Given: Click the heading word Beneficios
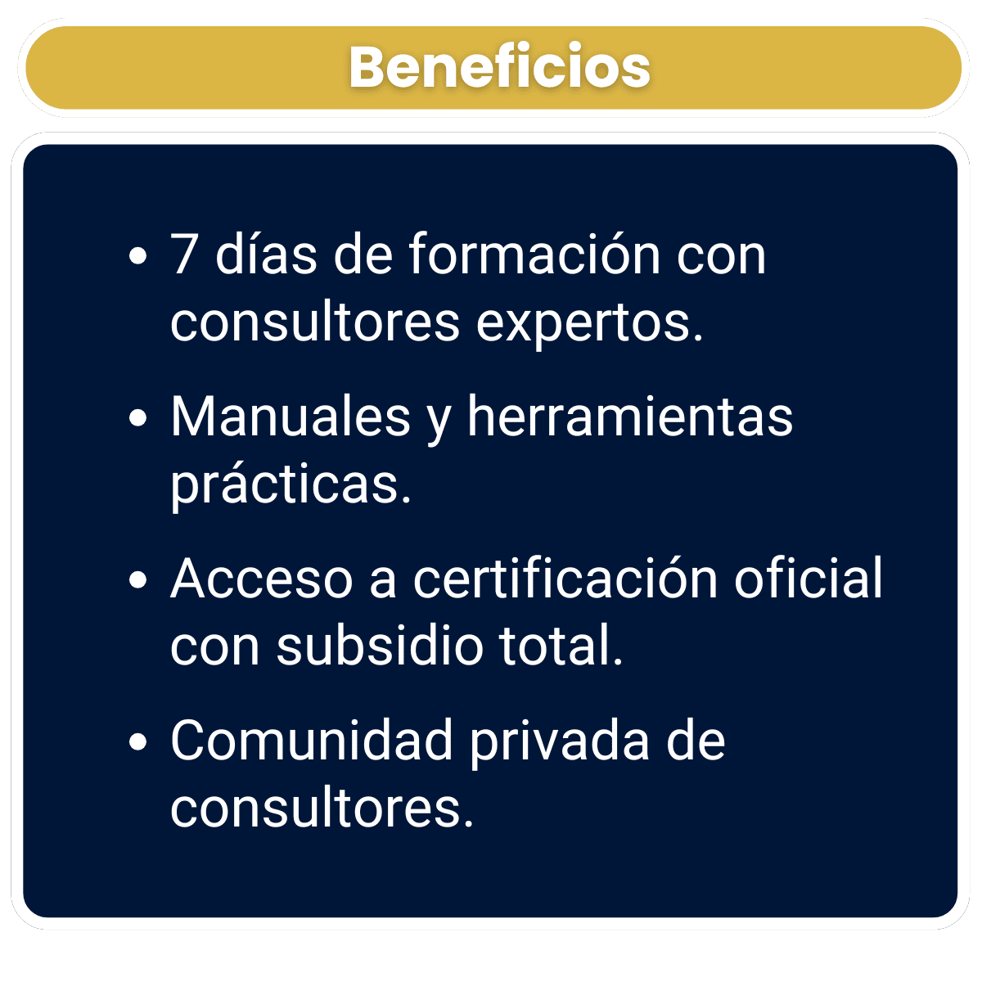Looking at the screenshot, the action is tap(499, 67).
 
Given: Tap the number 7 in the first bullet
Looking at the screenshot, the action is tap(183, 255).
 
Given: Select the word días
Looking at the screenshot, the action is tap(266, 253).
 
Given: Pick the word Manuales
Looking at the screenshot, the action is tap(291, 417).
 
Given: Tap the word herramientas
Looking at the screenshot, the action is tap(630, 417).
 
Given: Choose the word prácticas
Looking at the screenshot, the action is tap(291, 484).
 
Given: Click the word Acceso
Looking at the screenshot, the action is tap(262, 579).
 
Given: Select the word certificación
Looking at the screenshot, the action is tap(565, 578).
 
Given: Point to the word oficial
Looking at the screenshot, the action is tap(809, 578).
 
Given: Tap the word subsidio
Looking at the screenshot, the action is tap(380, 645).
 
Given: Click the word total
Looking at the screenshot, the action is tap(561, 645).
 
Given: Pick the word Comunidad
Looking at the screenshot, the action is tap(311, 741).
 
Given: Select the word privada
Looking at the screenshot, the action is tap(560, 742).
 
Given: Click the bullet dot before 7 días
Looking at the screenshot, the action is tap(138, 256).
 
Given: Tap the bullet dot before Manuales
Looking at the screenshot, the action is tap(138, 418).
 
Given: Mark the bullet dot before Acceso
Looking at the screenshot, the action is tap(138, 580).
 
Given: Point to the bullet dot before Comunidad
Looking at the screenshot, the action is tap(138, 742).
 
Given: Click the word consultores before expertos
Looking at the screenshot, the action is tap(315, 322).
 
